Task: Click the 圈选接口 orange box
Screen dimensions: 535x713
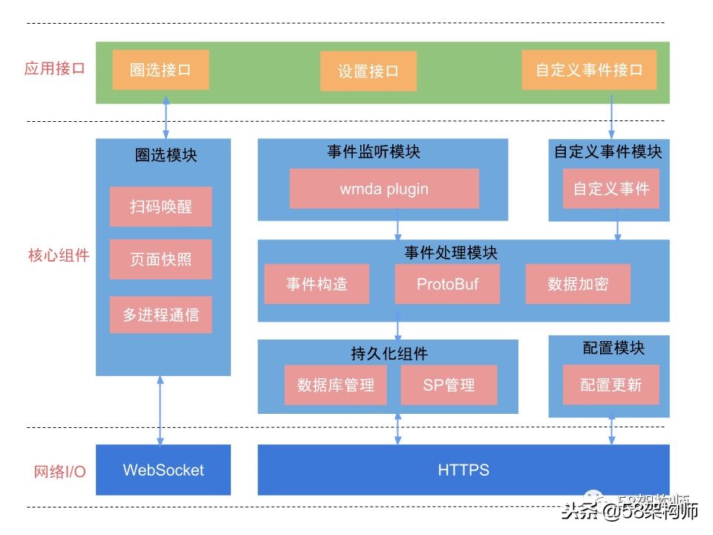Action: pyautogui.click(x=160, y=71)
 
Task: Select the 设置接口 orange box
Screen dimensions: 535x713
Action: pyautogui.click(x=368, y=72)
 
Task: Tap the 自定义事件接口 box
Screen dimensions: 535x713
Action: pyautogui.click(x=589, y=71)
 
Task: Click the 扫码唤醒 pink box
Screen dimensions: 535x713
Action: pyautogui.click(x=160, y=207)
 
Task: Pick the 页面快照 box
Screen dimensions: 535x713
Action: pyautogui.click(x=160, y=259)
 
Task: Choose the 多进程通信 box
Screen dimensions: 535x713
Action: pyautogui.click(x=160, y=314)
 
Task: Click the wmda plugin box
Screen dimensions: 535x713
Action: pyautogui.click(x=384, y=189)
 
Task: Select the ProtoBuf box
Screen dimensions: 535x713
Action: pyautogui.click(x=447, y=284)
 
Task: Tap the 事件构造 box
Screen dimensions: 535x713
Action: pyautogui.click(x=316, y=284)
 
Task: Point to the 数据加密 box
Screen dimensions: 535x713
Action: pyautogui.click(x=578, y=284)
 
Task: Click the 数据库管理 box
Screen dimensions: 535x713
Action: pyautogui.click(x=335, y=385)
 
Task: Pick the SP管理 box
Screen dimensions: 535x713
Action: pyautogui.click(x=449, y=385)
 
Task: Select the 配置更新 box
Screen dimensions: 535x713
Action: pyautogui.click(x=611, y=385)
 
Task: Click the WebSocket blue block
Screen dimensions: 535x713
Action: pyautogui.click(x=163, y=470)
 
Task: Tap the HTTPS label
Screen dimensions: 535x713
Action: pyautogui.click(x=463, y=470)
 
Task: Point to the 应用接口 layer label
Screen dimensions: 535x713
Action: pyautogui.click(x=55, y=69)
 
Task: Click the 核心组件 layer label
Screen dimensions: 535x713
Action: pyautogui.click(x=59, y=256)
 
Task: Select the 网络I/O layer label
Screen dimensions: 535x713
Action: pyautogui.click(x=59, y=471)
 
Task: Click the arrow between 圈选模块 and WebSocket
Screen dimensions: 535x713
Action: pyautogui.click(x=160, y=410)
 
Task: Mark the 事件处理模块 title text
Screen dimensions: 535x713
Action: pyautogui.click(x=451, y=253)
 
